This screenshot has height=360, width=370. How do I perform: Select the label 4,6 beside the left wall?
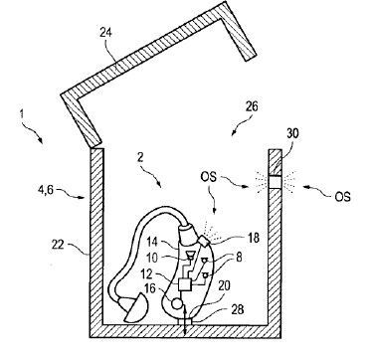tap(36, 184)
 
